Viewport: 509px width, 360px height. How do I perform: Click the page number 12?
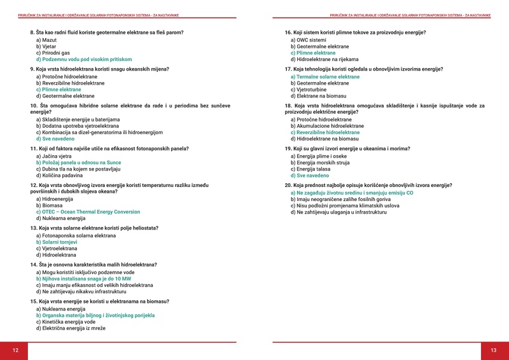15,350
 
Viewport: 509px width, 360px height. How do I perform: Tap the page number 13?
493,350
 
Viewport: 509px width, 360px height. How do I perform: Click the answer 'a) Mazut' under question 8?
46,39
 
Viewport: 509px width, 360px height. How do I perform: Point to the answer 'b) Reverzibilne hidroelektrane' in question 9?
70,83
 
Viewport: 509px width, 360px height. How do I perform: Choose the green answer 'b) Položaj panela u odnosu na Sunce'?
78,162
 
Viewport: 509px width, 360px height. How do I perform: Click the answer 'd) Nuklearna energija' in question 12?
60,218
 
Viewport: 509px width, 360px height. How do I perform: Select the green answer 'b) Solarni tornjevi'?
57,242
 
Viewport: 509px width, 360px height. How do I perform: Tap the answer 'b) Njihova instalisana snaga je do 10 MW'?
83,279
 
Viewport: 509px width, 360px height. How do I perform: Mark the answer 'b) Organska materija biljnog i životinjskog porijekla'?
95,315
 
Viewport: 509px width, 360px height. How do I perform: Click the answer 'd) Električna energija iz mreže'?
71,328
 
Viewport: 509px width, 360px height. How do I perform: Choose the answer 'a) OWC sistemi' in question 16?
309,39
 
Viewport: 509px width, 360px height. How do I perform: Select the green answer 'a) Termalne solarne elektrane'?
324,76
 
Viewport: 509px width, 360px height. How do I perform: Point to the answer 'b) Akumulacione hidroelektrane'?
327,126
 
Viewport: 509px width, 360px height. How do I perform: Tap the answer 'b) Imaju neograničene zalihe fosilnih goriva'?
340,198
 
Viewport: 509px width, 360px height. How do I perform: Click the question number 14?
33,264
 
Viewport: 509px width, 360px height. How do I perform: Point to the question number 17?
288,69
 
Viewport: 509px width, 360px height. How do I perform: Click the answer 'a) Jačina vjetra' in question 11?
53,156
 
